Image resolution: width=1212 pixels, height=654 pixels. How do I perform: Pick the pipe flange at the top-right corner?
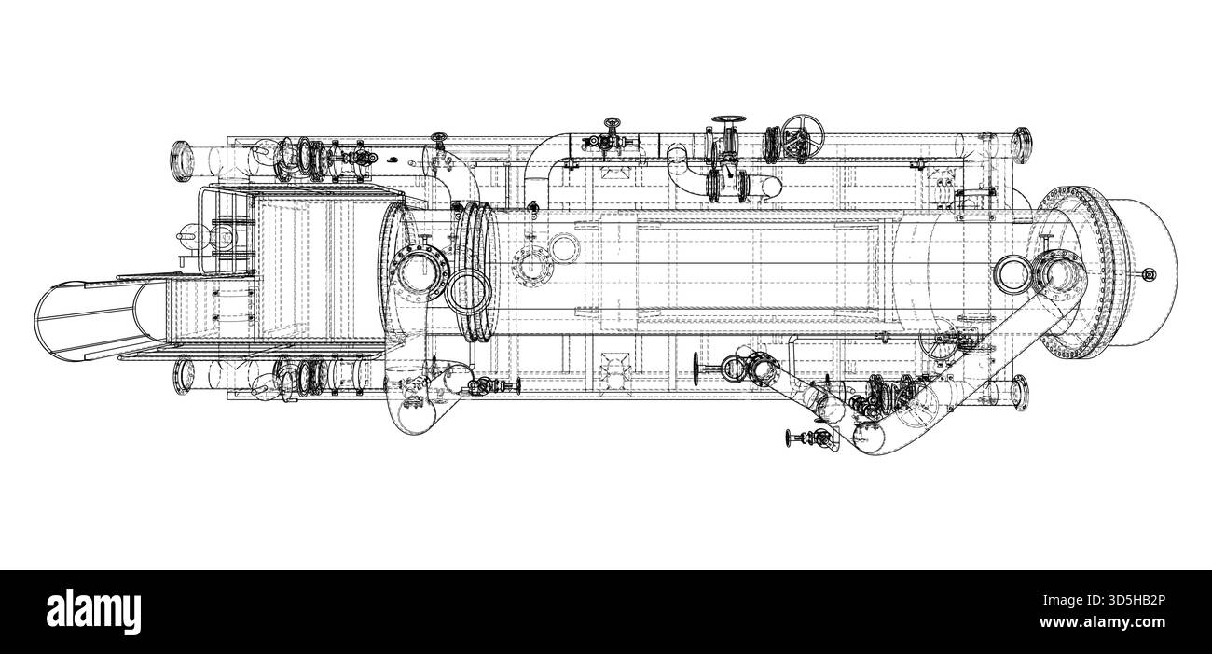tap(1021, 145)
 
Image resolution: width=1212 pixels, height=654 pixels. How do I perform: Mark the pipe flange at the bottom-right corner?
tap(1020, 391)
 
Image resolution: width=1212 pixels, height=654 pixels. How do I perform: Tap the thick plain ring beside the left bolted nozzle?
tap(469, 291)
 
